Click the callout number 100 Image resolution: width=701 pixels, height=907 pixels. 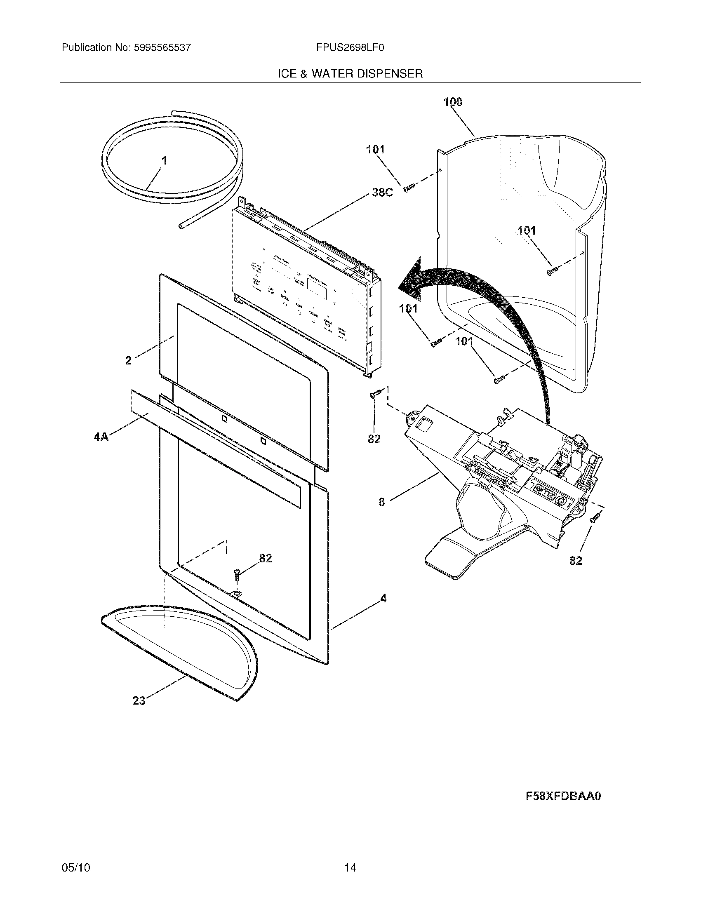point(453,102)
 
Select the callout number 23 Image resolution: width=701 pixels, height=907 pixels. point(139,700)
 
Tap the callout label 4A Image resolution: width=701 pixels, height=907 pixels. point(101,437)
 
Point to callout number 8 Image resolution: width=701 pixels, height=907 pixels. point(382,502)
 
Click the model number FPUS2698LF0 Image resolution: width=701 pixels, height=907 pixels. point(350,48)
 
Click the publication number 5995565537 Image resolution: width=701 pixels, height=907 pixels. point(162,48)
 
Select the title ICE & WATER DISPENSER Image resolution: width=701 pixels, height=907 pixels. point(350,74)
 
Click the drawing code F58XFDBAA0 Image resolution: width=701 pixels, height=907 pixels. point(563,796)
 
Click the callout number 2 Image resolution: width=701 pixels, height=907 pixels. point(128,360)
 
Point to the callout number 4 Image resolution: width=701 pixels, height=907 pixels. point(383,599)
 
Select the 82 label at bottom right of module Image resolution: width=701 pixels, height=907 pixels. point(575,561)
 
